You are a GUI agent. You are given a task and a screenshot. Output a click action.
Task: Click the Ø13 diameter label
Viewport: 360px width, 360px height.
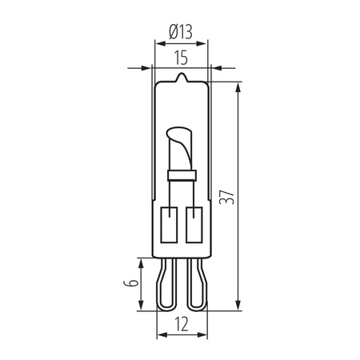point(181,34)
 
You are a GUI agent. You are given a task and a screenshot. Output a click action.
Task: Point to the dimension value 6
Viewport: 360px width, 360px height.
point(127,283)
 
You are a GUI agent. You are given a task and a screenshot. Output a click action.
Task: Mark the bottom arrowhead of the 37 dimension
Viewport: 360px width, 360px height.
point(239,306)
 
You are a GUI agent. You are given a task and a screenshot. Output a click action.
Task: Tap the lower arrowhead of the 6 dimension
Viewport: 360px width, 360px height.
point(140,306)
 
